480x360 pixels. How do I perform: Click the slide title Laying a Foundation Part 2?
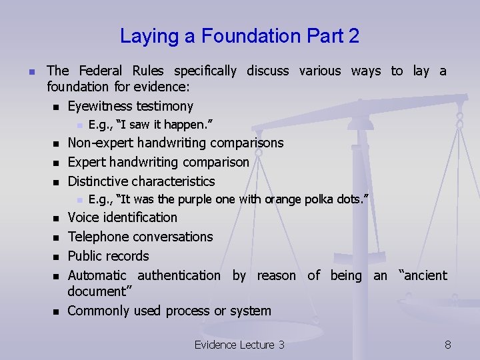[239, 36]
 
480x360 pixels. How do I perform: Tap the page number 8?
[448, 345]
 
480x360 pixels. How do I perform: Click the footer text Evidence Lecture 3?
[239, 345]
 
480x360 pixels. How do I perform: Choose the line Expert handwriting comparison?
[159, 162]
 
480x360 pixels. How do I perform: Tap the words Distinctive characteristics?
[141, 181]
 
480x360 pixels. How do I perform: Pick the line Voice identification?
[123, 217]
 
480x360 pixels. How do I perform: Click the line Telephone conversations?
[141, 237]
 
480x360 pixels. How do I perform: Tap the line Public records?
[109, 256]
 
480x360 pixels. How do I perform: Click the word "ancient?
[423, 275]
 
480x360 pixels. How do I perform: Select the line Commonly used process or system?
[169, 311]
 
